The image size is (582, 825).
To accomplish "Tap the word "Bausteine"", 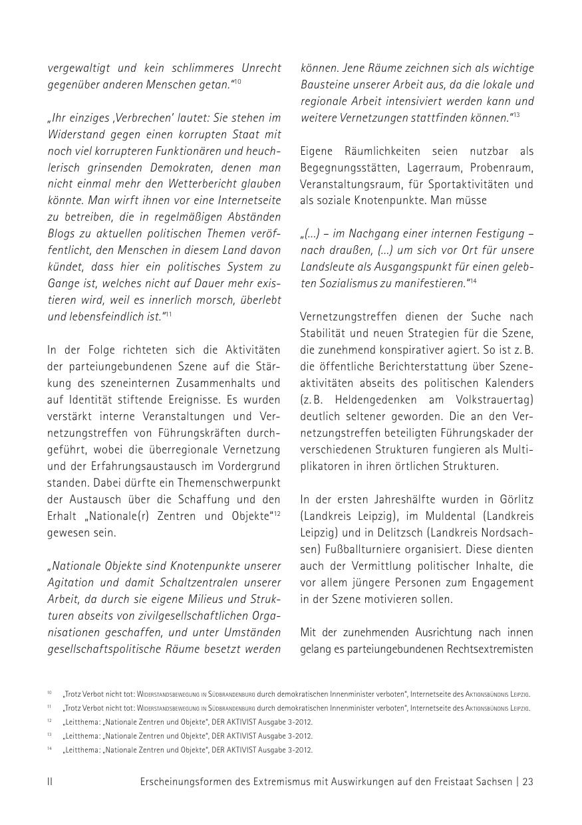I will tap(323, 84).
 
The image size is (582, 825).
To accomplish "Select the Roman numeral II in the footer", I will tap(50, 782).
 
